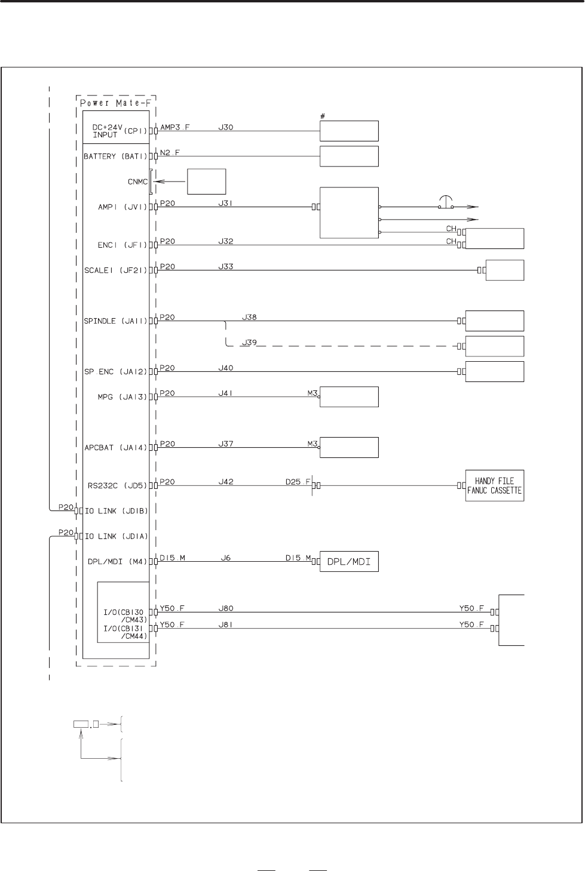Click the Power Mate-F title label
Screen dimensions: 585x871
(115, 103)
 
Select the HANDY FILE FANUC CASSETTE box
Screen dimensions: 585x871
(494, 485)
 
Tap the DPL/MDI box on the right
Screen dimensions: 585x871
(349, 562)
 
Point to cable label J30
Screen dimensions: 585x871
(226, 127)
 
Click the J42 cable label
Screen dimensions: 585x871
(226, 482)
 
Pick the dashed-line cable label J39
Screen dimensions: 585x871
(250, 343)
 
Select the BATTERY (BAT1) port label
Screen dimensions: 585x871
(115, 156)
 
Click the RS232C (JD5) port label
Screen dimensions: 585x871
(118, 486)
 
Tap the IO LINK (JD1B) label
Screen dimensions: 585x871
(117, 511)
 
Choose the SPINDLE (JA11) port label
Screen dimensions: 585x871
(115, 321)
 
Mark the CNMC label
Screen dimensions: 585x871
(138, 181)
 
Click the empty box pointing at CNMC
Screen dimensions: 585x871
(206, 181)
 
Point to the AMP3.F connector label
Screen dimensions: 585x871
(174, 127)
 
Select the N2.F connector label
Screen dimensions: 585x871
(170, 152)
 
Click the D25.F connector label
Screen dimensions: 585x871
(298, 482)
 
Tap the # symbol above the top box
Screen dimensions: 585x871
(323, 116)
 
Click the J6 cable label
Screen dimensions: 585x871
(226, 558)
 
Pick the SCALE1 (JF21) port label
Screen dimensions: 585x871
(115, 270)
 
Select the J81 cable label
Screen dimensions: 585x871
(226, 624)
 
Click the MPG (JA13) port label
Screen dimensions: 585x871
(122, 397)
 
